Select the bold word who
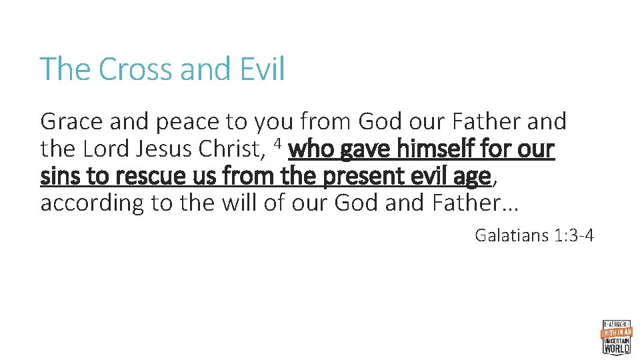[313, 149]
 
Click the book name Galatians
[511, 235]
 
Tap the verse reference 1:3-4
[573, 235]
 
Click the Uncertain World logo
[617, 336]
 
